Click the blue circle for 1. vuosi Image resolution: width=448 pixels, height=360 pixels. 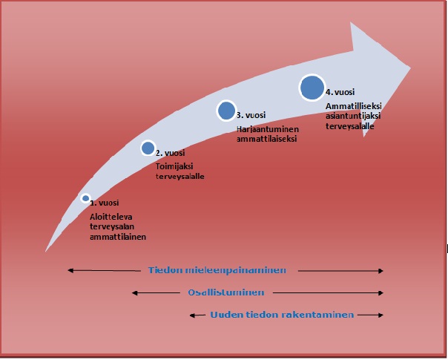coord(86,198)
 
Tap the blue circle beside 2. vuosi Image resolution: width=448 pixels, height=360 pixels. coord(148,148)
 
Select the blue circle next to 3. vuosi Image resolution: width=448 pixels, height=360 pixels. coord(226,111)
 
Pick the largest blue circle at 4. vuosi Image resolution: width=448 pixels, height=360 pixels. coord(312,88)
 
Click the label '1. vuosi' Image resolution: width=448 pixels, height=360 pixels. coord(105,203)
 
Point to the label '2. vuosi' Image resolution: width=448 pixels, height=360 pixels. coord(170,153)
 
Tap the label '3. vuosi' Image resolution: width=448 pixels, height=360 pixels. coord(251,115)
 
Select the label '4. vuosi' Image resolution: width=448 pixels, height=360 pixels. coord(340,92)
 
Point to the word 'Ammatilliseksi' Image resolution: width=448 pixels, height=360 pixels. coord(352,108)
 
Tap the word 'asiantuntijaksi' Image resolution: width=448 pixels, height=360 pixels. coord(352,117)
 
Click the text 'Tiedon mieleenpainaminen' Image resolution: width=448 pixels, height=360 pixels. coord(217,270)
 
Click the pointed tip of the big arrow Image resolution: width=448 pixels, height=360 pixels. coord(409,68)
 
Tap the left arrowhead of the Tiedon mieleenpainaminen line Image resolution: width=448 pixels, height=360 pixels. coord(67,270)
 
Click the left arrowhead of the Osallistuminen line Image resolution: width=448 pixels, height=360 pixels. coord(133,292)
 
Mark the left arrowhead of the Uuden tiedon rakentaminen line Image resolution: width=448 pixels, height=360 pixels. coord(192,315)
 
